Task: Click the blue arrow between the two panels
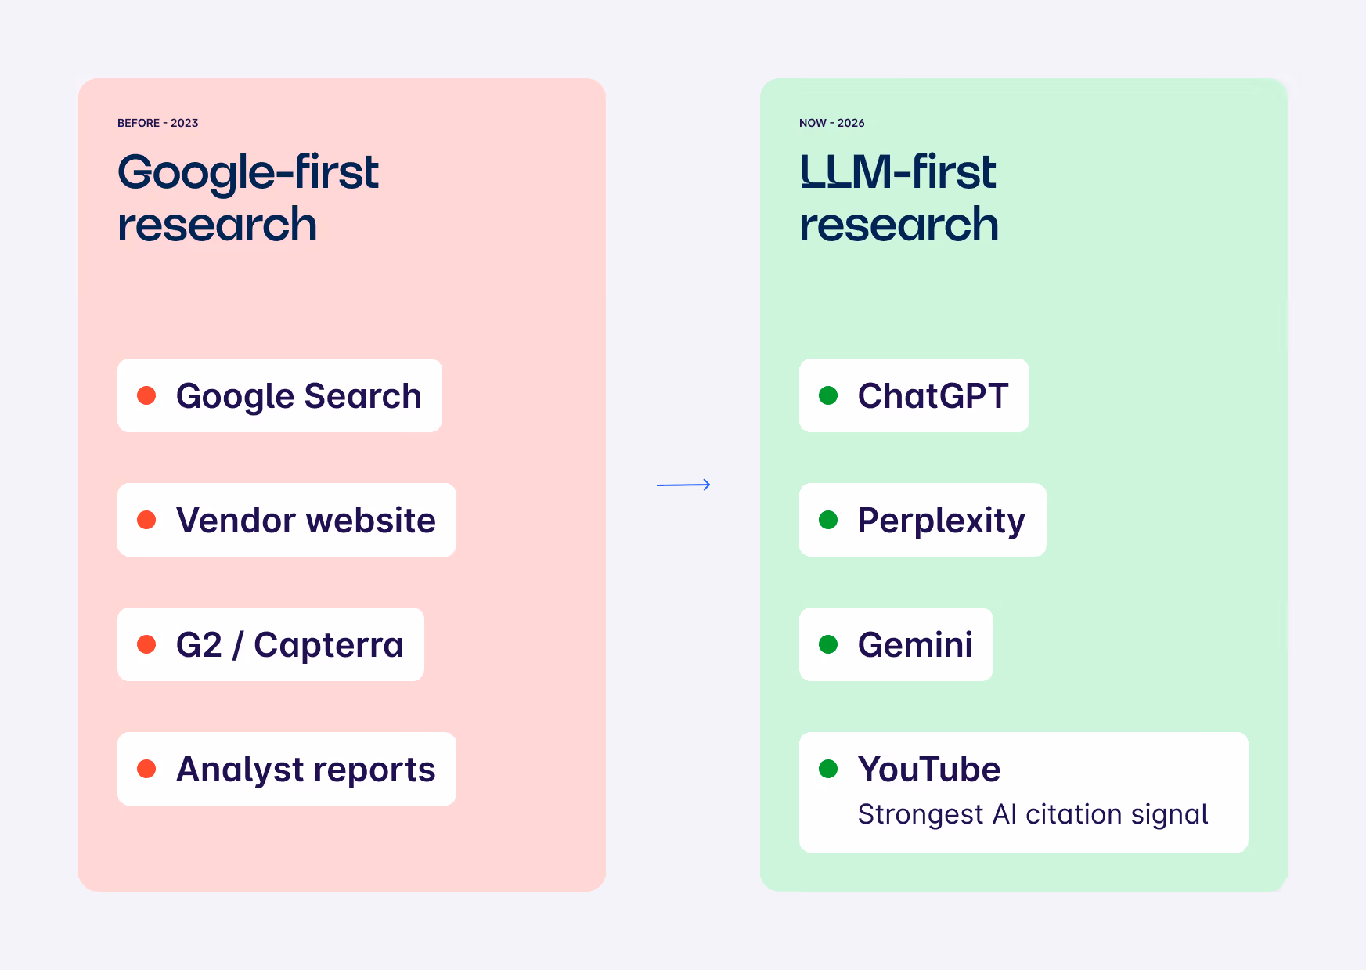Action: coord(683,485)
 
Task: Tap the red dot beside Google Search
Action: coord(146,395)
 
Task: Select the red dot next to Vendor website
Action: coord(146,520)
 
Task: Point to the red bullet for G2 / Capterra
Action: coord(146,644)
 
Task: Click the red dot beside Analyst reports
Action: coord(146,769)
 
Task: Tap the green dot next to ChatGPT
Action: coord(828,395)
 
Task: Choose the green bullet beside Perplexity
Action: coord(828,520)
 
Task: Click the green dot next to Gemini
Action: coord(828,644)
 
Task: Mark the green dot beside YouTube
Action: coord(828,769)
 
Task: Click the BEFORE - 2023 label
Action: coord(157,123)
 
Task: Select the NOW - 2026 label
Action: coord(831,123)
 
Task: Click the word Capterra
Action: coord(329,645)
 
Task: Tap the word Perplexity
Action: coord(941,521)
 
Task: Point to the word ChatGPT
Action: coord(932,396)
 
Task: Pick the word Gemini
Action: coord(915,645)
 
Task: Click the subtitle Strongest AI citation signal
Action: coord(1033,815)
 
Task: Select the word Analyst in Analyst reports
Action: coord(229,770)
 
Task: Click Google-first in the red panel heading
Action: coord(248,173)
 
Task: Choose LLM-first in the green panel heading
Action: coord(898,172)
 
